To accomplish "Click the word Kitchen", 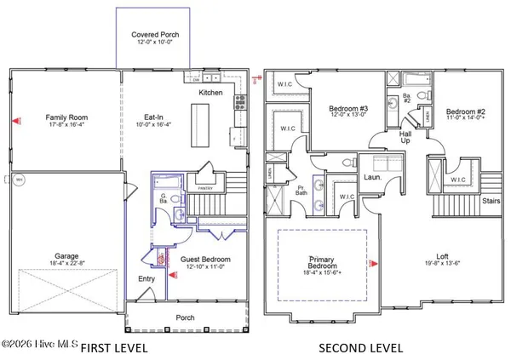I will (x=211, y=92).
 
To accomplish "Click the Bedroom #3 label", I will (x=349, y=108).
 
